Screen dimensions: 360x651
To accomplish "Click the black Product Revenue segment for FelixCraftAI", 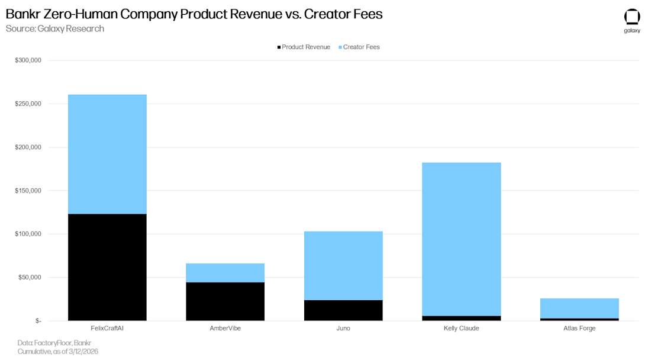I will click(x=107, y=267).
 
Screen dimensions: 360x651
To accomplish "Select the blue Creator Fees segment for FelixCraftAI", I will click(x=107, y=154).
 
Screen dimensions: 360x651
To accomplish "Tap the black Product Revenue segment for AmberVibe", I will click(x=225, y=301).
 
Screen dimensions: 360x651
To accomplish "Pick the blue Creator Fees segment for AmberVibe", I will click(x=225, y=273).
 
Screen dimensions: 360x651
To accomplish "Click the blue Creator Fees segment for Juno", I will click(x=343, y=265).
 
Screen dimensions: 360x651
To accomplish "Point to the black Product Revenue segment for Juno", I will click(x=343, y=310).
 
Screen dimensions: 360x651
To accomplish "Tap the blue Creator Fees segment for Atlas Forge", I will click(x=579, y=308).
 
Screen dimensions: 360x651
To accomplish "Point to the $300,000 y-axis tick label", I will click(x=28, y=60).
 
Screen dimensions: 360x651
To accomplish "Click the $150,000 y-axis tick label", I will click(x=28, y=191).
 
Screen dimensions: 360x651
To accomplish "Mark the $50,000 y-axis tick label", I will click(x=30, y=277).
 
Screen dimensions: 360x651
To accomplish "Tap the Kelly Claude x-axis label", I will click(x=461, y=328).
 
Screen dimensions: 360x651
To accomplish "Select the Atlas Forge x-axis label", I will click(x=579, y=328).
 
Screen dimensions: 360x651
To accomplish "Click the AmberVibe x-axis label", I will click(x=225, y=328).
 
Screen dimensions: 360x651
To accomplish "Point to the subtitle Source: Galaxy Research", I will click(x=54, y=28).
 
